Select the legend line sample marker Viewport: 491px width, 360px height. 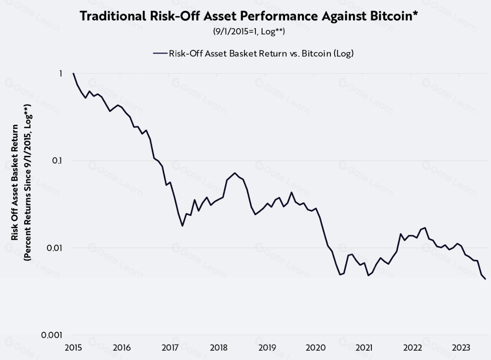(x=159, y=53)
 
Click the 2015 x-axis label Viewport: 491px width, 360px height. (x=73, y=348)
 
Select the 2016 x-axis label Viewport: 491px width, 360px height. (x=122, y=348)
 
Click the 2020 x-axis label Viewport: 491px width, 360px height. (x=315, y=348)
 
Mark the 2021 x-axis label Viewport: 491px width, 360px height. (x=364, y=348)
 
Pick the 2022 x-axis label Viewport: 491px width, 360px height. (x=412, y=348)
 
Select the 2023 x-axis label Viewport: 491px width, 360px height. (x=461, y=348)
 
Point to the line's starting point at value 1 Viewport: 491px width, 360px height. (x=73, y=74)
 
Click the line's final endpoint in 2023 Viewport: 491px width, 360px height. (x=485, y=279)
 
